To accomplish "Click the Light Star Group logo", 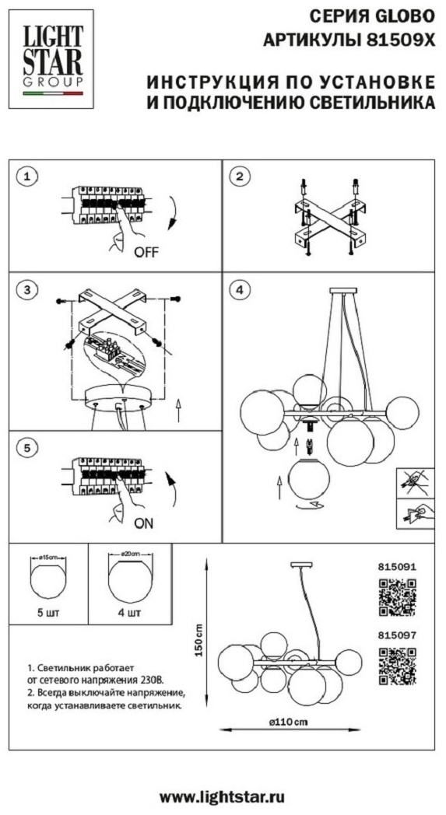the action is pos(51,59).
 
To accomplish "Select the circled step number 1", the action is pos(27,177).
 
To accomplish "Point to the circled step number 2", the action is pos(240,177).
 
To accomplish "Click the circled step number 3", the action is pos(27,290).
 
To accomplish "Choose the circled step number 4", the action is pos(240,290).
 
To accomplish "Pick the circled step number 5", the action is pos(27,448).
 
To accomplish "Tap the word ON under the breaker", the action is pos(144,523).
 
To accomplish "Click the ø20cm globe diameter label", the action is pos(129,554).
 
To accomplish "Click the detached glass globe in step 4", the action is pos(309,479).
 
